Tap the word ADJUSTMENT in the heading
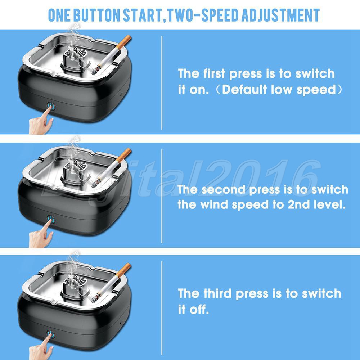(x=280, y=15)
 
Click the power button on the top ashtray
(x=51, y=106)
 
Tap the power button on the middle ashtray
(x=51, y=220)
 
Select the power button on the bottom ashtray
(x=51, y=334)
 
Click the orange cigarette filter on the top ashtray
(x=124, y=41)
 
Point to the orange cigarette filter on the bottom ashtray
(x=123, y=270)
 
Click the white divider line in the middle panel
(x=162, y=196)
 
